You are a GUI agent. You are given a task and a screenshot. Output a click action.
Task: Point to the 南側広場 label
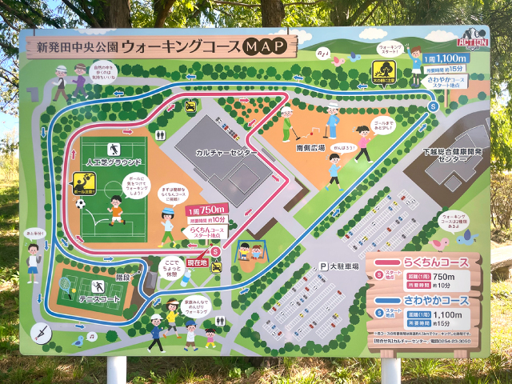[310, 147]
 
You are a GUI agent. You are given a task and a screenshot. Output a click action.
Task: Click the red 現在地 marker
[197, 262]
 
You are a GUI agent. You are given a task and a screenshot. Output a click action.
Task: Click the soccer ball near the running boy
[80, 203]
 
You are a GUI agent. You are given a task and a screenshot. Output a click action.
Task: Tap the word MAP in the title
[265, 46]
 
